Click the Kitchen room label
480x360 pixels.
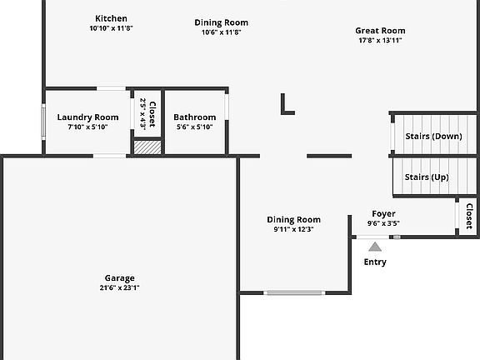[x=111, y=18]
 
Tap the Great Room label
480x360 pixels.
[x=380, y=31]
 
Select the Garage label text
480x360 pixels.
[x=120, y=278]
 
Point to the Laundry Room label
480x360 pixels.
[x=87, y=117]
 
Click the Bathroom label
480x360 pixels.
[x=195, y=117]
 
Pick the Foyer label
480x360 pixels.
[x=383, y=213]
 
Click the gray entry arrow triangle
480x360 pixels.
[x=375, y=247]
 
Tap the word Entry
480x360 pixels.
[x=375, y=262]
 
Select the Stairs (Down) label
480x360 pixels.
[x=434, y=136]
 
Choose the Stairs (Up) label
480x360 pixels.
[x=427, y=177]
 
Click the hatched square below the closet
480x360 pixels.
[x=147, y=147]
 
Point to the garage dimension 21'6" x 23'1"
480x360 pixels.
[x=120, y=287]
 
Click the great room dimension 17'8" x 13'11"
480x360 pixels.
[x=380, y=40]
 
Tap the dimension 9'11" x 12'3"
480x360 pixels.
[x=294, y=229]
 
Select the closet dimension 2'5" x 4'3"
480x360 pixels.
[x=143, y=113]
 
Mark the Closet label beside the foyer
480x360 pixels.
[x=469, y=217]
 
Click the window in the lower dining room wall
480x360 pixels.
[x=294, y=293]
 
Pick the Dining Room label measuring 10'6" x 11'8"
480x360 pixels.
[x=222, y=22]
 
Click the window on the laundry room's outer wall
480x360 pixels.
[x=43, y=122]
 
